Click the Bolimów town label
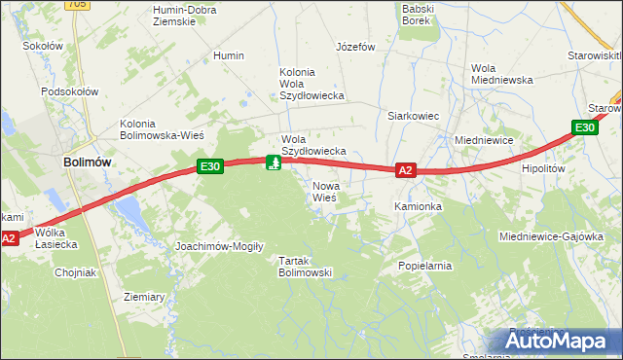[x=85, y=163]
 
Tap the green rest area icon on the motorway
[x=275, y=162]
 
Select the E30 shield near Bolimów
[x=210, y=166]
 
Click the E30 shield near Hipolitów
[x=584, y=127]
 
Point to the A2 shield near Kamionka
[x=407, y=170]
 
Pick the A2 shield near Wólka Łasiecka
[x=9, y=237]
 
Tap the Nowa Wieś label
[x=324, y=191]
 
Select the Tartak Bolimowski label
[x=306, y=267]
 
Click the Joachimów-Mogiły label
[x=219, y=246]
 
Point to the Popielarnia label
[x=425, y=265]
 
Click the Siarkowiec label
[x=414, y=116]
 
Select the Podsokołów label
[x=70, y=91]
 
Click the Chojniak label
[x=75, y=272]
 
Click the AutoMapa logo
[x=557, y=342]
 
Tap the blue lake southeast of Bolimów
[x=130, y=212]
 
